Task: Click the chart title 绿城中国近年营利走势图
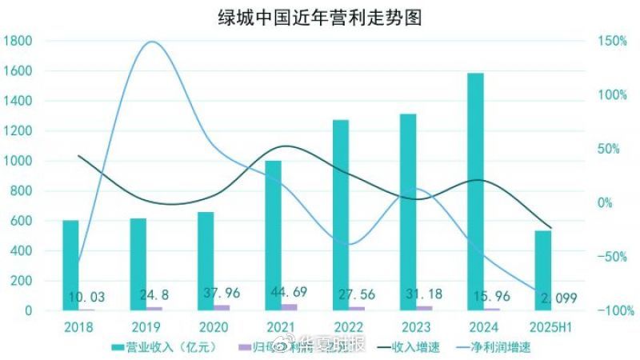click(319, 17)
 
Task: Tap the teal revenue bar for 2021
click(274, 235)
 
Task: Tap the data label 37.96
click(215, 298)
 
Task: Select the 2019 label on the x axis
click(146, 327)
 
